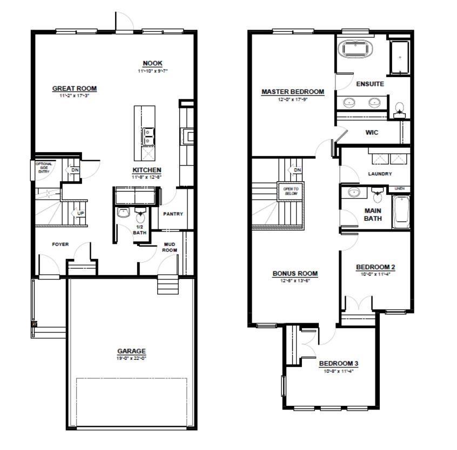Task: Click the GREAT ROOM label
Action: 74,88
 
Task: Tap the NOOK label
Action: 152,63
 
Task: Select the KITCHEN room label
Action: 147,170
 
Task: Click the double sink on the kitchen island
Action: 147,136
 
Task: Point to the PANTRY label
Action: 173,214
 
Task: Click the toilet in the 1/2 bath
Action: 140,216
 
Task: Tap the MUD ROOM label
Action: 170,247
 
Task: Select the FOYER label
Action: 60,244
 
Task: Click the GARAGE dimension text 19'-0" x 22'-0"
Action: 132,358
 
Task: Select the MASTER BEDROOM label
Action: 293,92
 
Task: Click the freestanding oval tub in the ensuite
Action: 357,50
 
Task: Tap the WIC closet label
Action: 372,132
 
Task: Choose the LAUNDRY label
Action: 380,174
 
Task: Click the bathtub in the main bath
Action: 400,212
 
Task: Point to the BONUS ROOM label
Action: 295,274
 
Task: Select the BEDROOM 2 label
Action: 375,267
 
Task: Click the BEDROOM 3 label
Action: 338,363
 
